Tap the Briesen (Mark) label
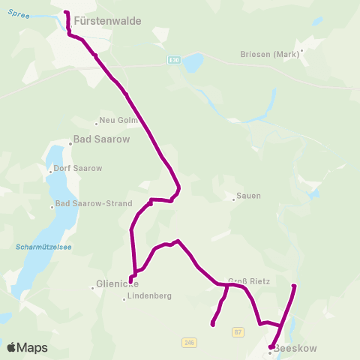270,53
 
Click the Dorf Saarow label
77,169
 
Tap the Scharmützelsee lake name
43,247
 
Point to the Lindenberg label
150,296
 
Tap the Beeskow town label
295,349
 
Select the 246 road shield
190,342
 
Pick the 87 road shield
238,331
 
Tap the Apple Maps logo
27,347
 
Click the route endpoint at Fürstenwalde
67,13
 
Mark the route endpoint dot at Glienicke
131,280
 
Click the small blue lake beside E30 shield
193,62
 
